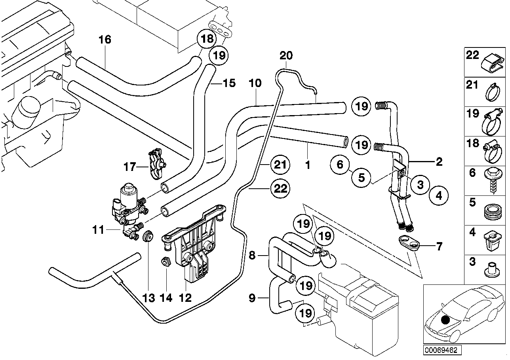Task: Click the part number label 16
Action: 105,40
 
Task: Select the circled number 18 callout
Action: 207,38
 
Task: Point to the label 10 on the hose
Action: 255,83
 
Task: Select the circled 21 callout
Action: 280,165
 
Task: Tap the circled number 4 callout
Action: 441,195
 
